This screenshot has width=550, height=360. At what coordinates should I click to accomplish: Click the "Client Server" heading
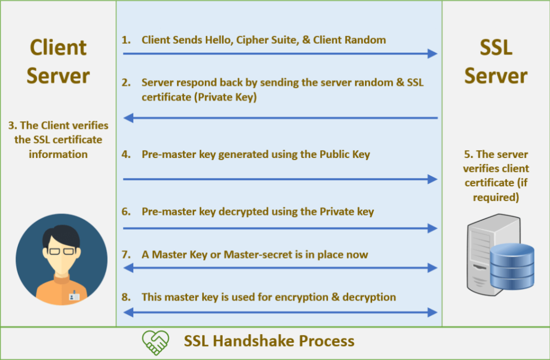coord(58,61)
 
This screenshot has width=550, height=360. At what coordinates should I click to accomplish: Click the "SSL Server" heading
coord(496,61)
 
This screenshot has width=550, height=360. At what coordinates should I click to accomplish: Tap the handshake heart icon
coord(155,341)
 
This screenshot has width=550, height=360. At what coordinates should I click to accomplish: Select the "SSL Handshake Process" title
coord(269,341)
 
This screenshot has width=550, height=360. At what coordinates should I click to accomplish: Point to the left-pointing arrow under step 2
coord(280,117)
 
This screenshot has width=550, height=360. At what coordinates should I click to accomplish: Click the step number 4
coord(126,155)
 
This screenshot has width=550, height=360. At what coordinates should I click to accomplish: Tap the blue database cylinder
coord(512,266)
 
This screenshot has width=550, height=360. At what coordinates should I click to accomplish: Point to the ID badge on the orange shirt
coord(74,295)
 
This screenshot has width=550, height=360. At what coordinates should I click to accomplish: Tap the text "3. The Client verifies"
coord(58,126)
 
